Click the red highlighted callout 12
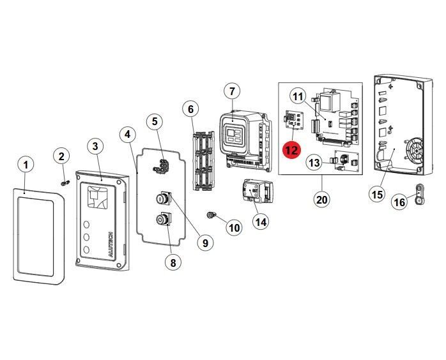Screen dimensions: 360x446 click(x=291, y=150)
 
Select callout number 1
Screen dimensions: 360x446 click(x=26, y=165)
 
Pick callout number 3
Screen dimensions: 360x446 click(x=95, y=146)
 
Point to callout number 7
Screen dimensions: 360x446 click(x=233, y=91)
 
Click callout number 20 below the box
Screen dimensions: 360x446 click(x=321, y=199)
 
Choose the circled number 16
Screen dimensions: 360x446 click(x=399, y=202)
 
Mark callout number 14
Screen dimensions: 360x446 click(x=260, y=221)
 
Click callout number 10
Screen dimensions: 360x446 click(x=234, y=227)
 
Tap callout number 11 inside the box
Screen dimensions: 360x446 click(x=298, y=96)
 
